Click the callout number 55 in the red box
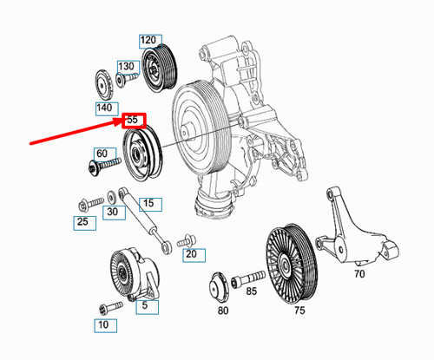click(x=134, y=120)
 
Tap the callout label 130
click(x=128, y=67)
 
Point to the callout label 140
click(x=105, y=108)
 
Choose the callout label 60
click(x=102, y=154)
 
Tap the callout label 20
click(x=191, y=254)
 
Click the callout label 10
click(x=103, y=325)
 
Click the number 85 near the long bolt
click(x=252, y=291)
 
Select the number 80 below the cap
click(x=223, y=310)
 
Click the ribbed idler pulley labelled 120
click(x=159, y=68)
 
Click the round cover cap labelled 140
click(x=103, y=86)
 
